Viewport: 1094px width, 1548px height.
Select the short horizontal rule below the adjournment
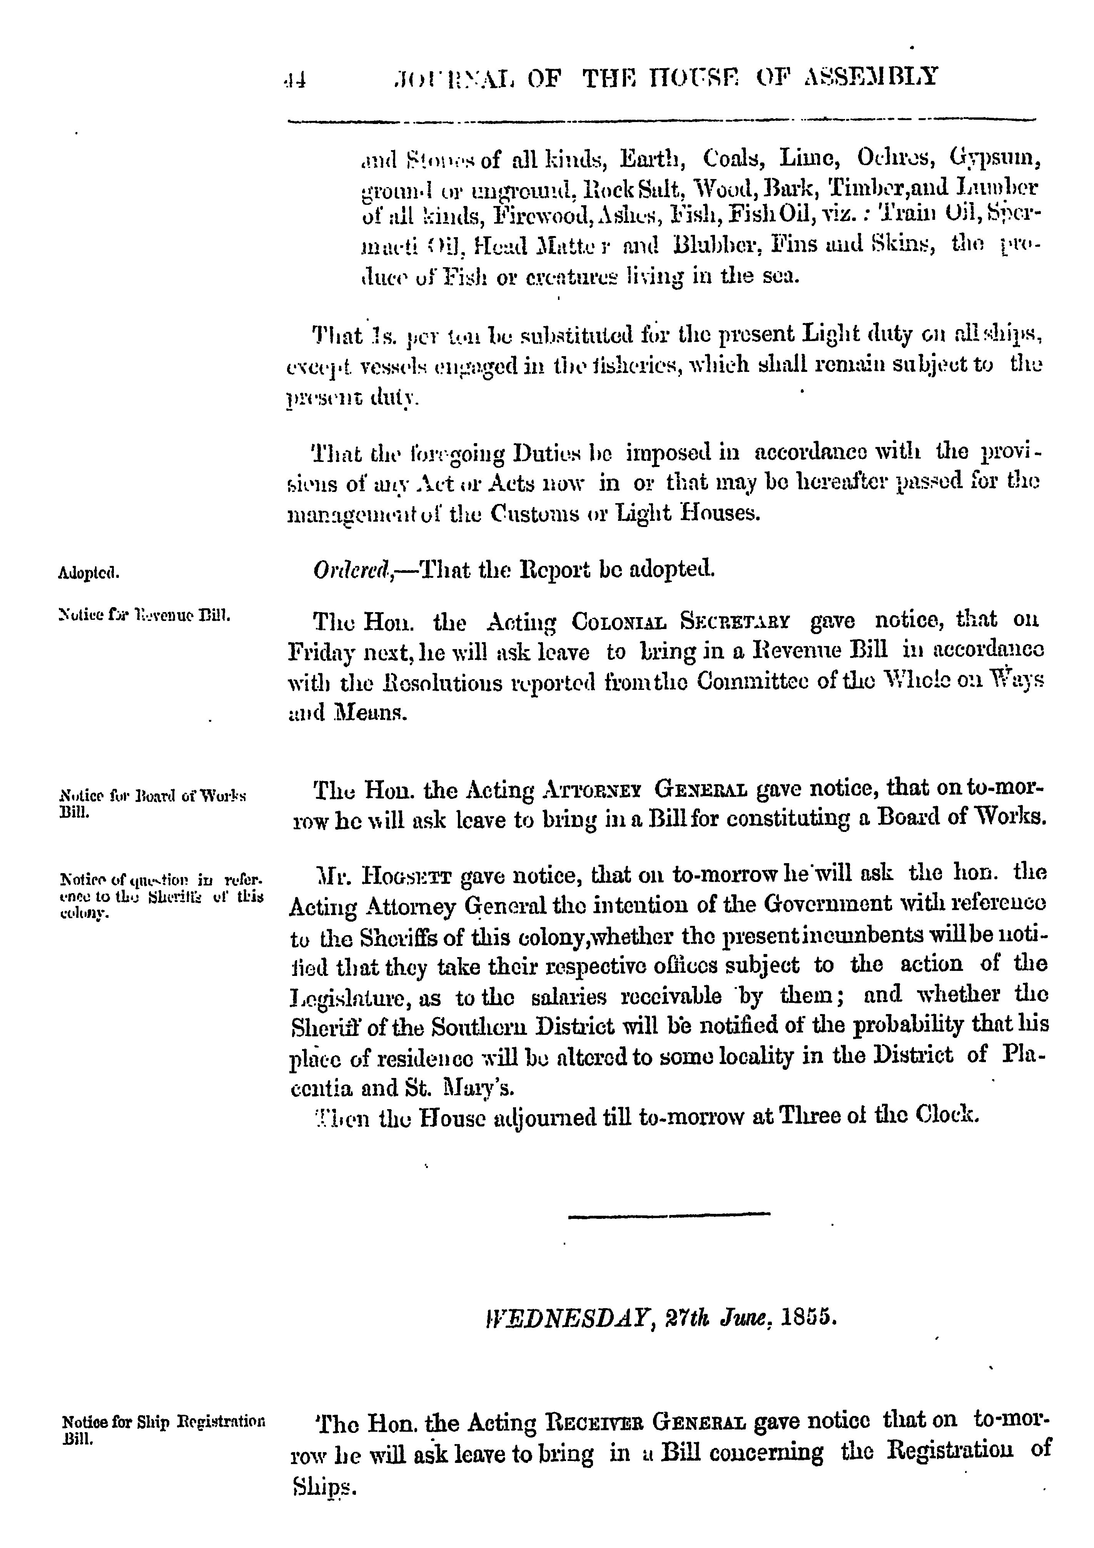pyautogui.click(x=669, y=1214)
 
